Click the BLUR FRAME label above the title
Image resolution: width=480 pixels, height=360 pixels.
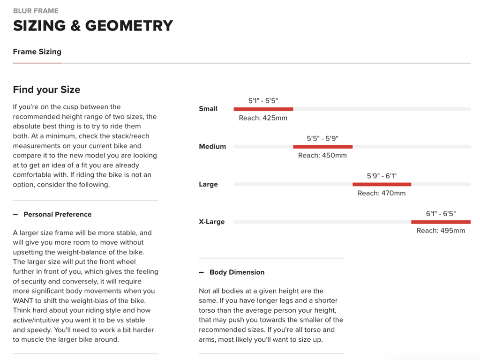(36, 10)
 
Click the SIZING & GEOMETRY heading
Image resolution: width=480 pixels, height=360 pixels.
(93, 26)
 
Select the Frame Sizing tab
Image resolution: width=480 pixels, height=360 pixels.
(37, 52)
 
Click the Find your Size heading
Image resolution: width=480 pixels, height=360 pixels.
(46, 90)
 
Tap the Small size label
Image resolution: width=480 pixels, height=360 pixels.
(208, 109)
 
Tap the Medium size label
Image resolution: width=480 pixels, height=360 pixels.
(212, 147)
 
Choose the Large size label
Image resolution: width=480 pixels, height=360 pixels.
(208, 184)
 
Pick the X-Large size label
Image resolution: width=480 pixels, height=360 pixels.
(212, 222)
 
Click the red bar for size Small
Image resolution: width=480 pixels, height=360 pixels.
(263, 109)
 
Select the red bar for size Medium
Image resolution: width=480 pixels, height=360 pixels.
(322, 147)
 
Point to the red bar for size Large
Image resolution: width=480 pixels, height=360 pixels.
(382, 184)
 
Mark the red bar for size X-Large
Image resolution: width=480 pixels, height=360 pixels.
(441, 222)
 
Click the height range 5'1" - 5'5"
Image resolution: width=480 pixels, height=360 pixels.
(263, 100)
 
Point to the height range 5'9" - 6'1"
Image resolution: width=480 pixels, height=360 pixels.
(382, 176)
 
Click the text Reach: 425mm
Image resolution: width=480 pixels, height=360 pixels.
(263, 118)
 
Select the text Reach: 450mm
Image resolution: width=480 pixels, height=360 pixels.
(322, 155)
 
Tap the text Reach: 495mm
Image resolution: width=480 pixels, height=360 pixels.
(441, 231)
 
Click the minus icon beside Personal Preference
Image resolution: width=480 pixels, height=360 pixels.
(15, 214)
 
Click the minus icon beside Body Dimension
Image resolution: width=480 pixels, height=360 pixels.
(202, 272)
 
